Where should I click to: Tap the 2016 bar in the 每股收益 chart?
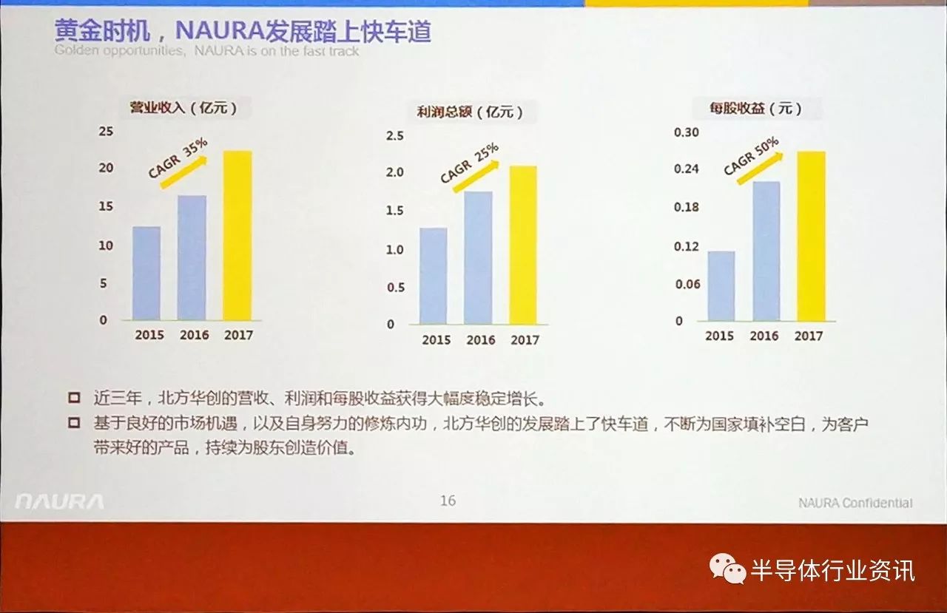pyautogui.click(x=766, y=251)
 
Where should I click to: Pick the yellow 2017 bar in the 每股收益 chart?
pyautogui.click(x=811, y=236)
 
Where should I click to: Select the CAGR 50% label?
pyautogui.click(x=752, y=155)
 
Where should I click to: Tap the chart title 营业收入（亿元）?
pyautogui.click(x=183, y=108)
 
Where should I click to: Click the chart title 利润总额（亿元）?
pyautogui.click(x=470, y=112)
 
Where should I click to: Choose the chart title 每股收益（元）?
pyautogui.click(x=755, y=109)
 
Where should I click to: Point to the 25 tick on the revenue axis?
pyautogui.click(x=106, y=132)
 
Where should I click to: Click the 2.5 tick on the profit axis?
pyautogui.click(x=395, y=136)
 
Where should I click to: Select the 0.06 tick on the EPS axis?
pyautogui.click(x=687, y=285)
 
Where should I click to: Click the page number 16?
pyautogui.click(x=448, y=501)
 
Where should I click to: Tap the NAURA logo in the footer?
pyautogui.click(x=59, y=502)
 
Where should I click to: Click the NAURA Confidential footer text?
pyautogui.click(x=855, y=503)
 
